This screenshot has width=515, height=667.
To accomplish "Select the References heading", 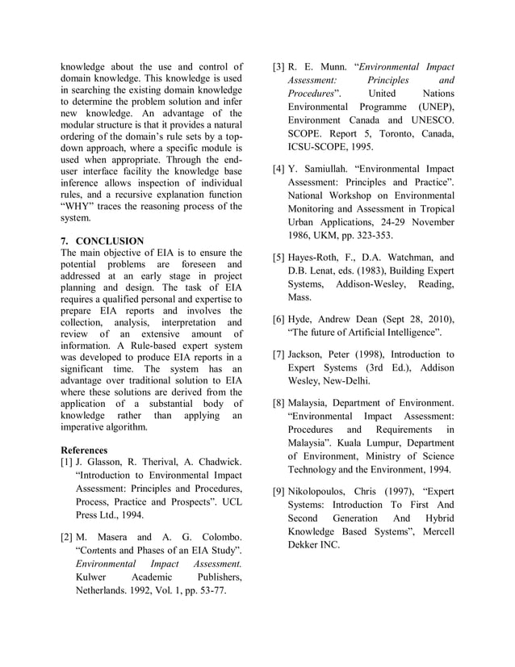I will pyautogui.click(x=85, y=449).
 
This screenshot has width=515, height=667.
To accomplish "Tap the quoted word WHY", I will pyautogui.click(x=82, y=207).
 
